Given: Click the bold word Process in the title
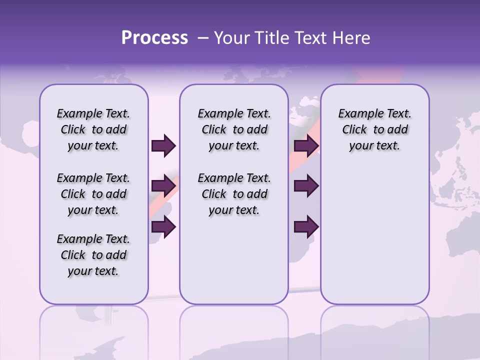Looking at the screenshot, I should point(154,38).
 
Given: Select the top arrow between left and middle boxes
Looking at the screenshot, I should point(163,145).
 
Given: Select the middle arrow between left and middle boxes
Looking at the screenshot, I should point(163,186).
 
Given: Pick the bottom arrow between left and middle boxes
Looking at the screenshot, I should point(163,226).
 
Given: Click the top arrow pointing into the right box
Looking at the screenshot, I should point(306,145).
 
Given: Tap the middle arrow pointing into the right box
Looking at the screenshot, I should point(306,186).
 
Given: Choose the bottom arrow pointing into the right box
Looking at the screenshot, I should point(306,226).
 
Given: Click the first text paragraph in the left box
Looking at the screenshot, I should point(93,129).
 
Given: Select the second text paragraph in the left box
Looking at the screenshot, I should point(93,194).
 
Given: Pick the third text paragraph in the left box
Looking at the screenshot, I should point(93,255).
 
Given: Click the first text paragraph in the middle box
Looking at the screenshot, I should point(234,129).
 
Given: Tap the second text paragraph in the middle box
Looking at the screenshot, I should point(234,194).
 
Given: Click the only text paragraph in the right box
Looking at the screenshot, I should point(374,129).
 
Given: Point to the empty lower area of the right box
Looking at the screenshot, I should point(374,240).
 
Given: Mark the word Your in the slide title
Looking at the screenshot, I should point(232,38).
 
